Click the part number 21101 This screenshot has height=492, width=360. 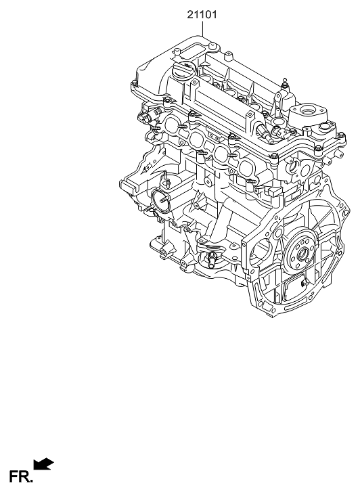point(202,15)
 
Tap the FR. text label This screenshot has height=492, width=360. point(21,476)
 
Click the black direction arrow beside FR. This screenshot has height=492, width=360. point(43,464)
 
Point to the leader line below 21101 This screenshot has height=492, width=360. point(202,28)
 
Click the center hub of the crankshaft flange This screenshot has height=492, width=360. point(303,254)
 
